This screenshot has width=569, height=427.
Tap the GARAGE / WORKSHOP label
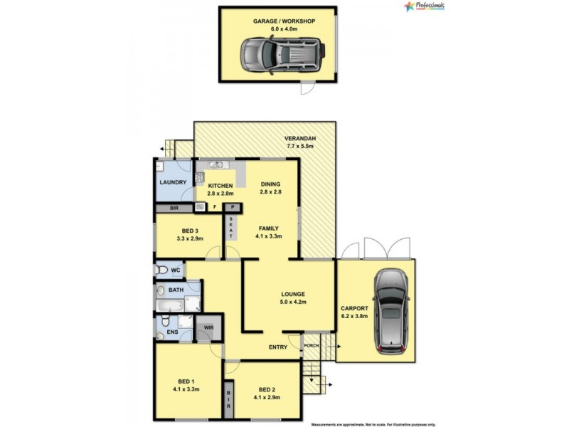point(284,21)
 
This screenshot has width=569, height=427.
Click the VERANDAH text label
point(300,139)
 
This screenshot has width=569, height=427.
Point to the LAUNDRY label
point(173,182)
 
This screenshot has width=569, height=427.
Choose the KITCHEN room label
point(220,186)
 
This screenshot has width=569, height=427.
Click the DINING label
point(271,182)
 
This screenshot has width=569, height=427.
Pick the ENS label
point(171,332)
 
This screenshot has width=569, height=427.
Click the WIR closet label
point(208,328)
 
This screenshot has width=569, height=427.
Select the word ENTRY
point(278,347)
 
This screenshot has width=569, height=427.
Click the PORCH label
point(312,346)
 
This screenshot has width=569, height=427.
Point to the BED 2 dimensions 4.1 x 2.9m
point(267,397)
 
